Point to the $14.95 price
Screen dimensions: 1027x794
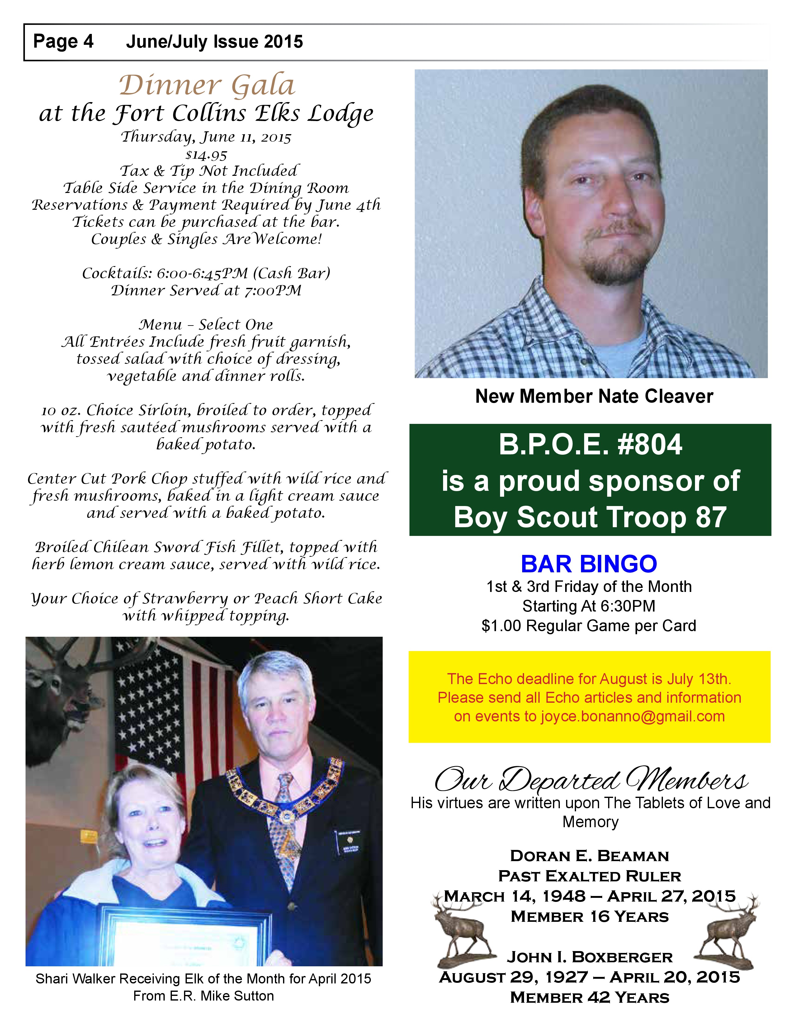coord(206,155)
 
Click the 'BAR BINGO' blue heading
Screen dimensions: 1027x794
coord(588,564)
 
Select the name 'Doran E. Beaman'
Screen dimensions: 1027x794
coord(589,856)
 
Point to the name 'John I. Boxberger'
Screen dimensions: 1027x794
coord(589,957)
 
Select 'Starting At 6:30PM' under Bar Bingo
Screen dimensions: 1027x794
coord(588,606)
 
